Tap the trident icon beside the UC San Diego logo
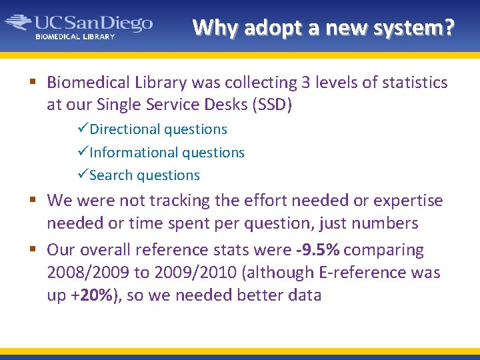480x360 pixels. [x=19, y=23]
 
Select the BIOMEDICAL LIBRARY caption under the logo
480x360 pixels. [x=75, y=37]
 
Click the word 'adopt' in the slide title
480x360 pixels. [x=272, y=28]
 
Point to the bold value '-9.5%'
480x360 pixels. [x=317, y=250]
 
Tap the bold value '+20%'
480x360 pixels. [x=91, y=295]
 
